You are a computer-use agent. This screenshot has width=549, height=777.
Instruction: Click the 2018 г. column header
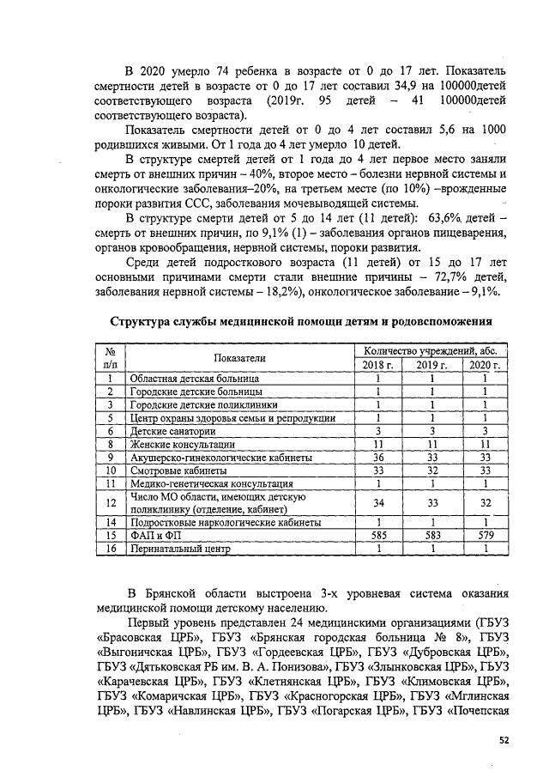click(x=377, y=365)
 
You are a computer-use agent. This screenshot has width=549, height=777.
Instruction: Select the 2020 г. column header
click(x=485, y=365)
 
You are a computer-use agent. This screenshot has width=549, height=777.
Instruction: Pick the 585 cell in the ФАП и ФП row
click(x=377, y=535)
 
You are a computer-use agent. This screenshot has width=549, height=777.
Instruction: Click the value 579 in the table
click(x=485, y=535)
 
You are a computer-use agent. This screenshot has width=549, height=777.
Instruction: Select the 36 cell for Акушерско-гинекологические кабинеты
click(x=377, y=458)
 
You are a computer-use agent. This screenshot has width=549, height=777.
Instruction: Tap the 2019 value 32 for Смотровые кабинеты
click(x=432, y=470)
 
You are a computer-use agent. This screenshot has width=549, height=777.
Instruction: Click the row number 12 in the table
click(x=110, y=502)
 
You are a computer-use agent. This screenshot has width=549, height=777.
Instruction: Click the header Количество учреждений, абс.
click(x=431, y=351)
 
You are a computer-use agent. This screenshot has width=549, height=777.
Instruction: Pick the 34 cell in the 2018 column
click(x=377, y=502)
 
